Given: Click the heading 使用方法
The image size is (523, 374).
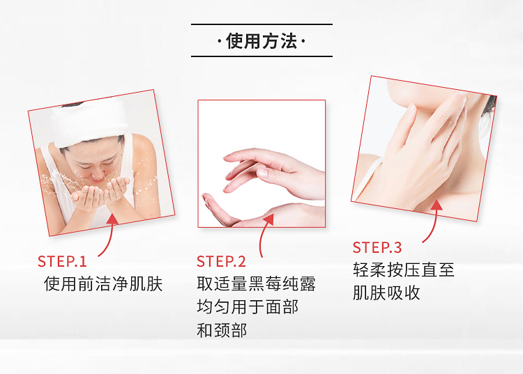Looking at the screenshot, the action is pyautogui.click(x=261, y=41).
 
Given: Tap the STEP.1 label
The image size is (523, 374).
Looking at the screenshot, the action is pyautogui.click(x=62, y=261).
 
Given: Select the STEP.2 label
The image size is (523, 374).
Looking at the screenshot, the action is pyautogui.click(x=221, y=261).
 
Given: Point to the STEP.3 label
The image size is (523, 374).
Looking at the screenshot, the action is pyautogui.click(x=377, y=247).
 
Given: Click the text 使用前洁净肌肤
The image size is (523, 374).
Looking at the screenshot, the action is pyautogui.click(x=103, y=284).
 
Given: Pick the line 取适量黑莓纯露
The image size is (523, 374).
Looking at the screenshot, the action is pyautogui.click(x=256, y=284).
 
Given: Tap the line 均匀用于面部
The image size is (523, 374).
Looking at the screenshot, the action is pyautogui.click(x=248, y=306).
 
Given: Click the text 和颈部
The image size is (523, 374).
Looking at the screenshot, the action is pyautogui.click(x=222, y=330).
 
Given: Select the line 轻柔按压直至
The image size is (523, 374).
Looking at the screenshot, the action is pyautogui.click(x=404, y=270).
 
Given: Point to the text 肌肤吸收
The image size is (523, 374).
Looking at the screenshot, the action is pyautogui.click(x=386, y=293).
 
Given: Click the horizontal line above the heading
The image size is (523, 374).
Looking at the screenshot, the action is pyautogui.click(x=261, y=24).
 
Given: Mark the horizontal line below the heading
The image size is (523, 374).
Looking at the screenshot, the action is pyautogui.click(x=261, y=56).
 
